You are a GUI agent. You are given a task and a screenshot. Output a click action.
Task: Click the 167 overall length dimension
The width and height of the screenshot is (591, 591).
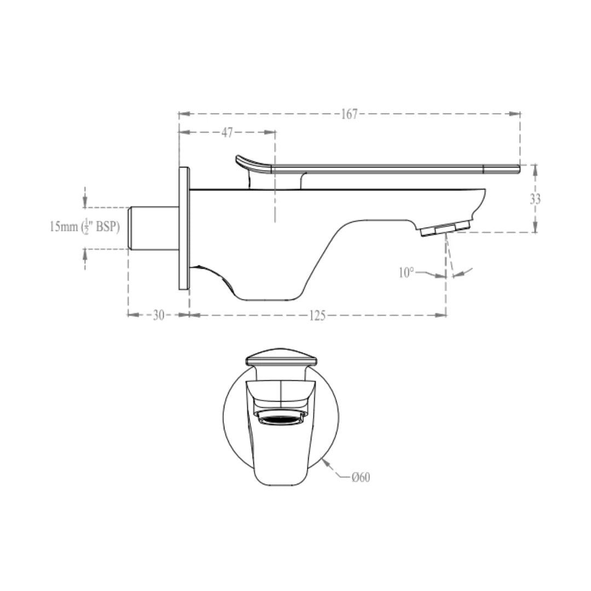coord(349,114)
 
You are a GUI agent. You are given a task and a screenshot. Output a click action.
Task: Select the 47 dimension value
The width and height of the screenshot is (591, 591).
coord(227,132)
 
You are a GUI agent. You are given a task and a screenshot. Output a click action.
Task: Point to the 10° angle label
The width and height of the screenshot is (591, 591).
coord(406,273)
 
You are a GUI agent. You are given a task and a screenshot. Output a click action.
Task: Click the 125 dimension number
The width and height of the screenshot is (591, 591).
coord(317,315)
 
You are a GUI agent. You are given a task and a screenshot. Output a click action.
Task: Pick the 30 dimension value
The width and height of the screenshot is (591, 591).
coord(158,315)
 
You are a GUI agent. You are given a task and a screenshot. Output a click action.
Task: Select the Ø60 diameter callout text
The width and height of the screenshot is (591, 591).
coord(361,477)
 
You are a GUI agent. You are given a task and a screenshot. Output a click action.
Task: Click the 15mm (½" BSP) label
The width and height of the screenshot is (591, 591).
coord(84,226)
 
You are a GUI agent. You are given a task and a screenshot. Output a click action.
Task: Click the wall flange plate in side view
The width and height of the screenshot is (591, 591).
coord(184,229)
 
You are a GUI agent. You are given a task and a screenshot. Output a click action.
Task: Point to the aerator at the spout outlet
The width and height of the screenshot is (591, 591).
coord(445,229)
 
